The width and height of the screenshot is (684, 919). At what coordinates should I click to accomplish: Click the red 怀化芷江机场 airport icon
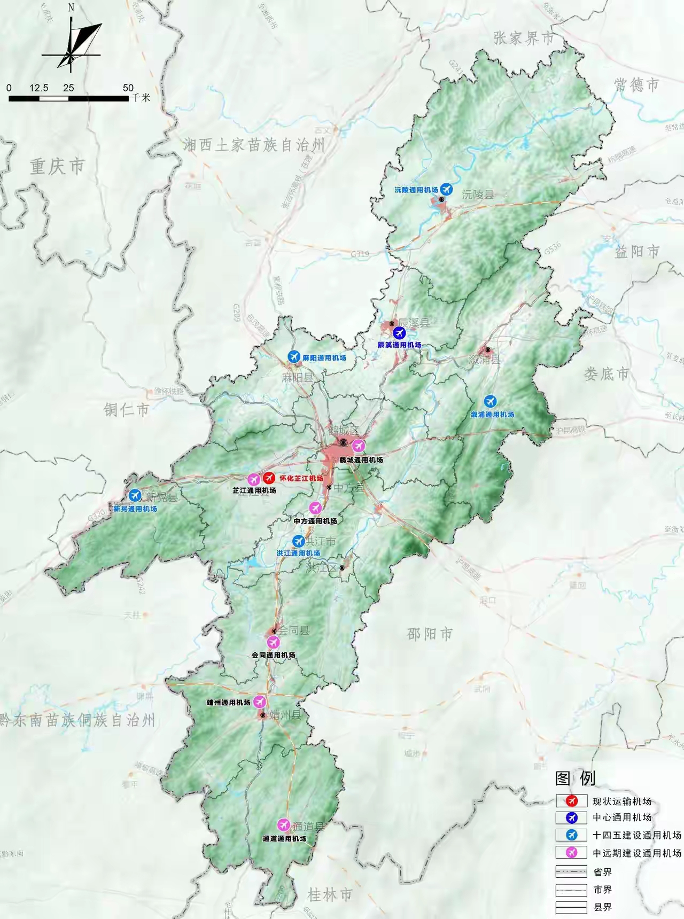pos(269,478)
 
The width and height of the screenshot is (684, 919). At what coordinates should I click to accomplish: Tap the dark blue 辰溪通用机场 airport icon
pos(399,333)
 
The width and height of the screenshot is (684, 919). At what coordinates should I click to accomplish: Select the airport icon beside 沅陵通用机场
pos(446,189)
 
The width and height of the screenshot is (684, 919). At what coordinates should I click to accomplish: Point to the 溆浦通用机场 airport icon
pos(490,401)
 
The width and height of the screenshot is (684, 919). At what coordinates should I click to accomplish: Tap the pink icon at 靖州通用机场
pos(260,702)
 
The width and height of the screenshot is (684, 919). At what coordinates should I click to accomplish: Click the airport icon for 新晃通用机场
pos(135,496)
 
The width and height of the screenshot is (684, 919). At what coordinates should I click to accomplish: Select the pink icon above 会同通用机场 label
pos(273,642)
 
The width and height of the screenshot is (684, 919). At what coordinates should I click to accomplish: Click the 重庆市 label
pos(57,166)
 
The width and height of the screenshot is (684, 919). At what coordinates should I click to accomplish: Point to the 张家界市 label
pos(524,38)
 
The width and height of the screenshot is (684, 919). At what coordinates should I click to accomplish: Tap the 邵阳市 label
pos(430,634)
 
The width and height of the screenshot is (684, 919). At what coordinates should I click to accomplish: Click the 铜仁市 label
pos(127,410)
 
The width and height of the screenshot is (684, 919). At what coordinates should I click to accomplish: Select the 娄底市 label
pos(607,374)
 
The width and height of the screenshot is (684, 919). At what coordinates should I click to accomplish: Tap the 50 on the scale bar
pos(128,88)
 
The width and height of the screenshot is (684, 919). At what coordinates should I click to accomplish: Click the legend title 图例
pos(576,778)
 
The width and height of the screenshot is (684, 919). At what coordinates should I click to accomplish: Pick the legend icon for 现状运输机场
pos(572,801)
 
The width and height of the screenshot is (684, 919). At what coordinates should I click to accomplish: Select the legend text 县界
pos(603,907)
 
